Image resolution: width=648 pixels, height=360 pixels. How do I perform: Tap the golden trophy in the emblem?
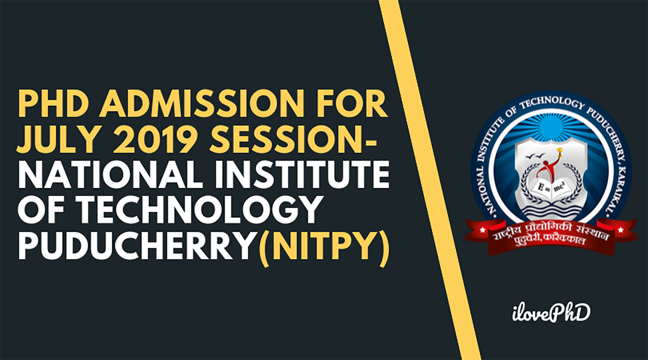[x=560, y=152]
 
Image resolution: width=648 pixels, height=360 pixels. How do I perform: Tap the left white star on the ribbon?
[x=482, y=230]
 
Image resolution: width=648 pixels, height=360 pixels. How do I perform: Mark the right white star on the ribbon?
[x=621, y=230]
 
